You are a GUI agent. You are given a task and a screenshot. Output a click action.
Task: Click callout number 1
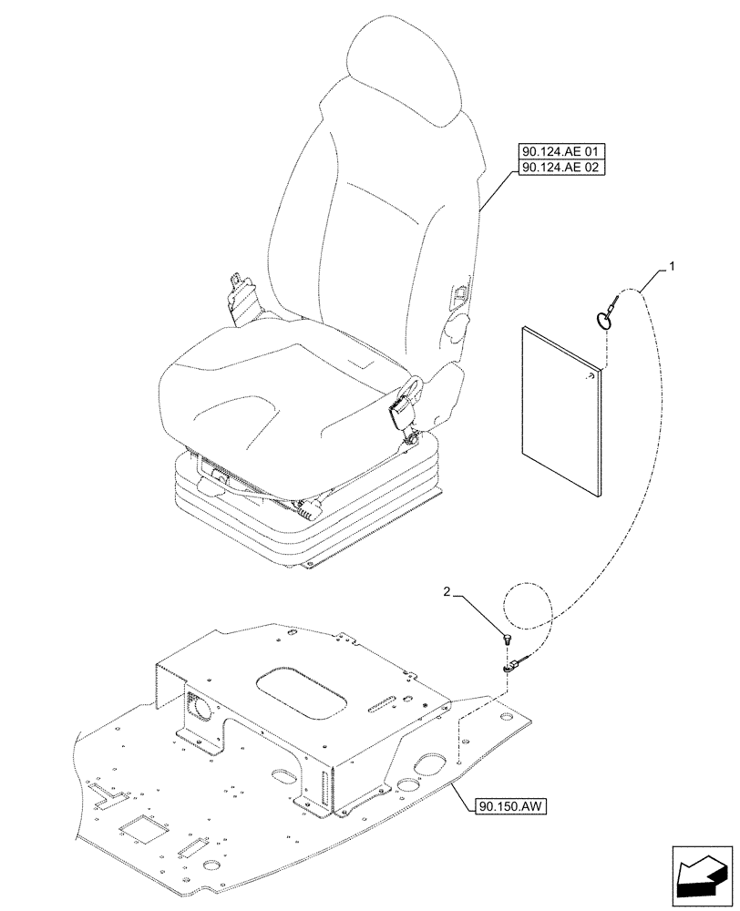coord(672,266)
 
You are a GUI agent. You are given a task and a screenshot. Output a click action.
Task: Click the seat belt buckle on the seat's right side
coord(402,415)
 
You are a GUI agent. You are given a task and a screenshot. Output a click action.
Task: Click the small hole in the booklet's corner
coord(591,374)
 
